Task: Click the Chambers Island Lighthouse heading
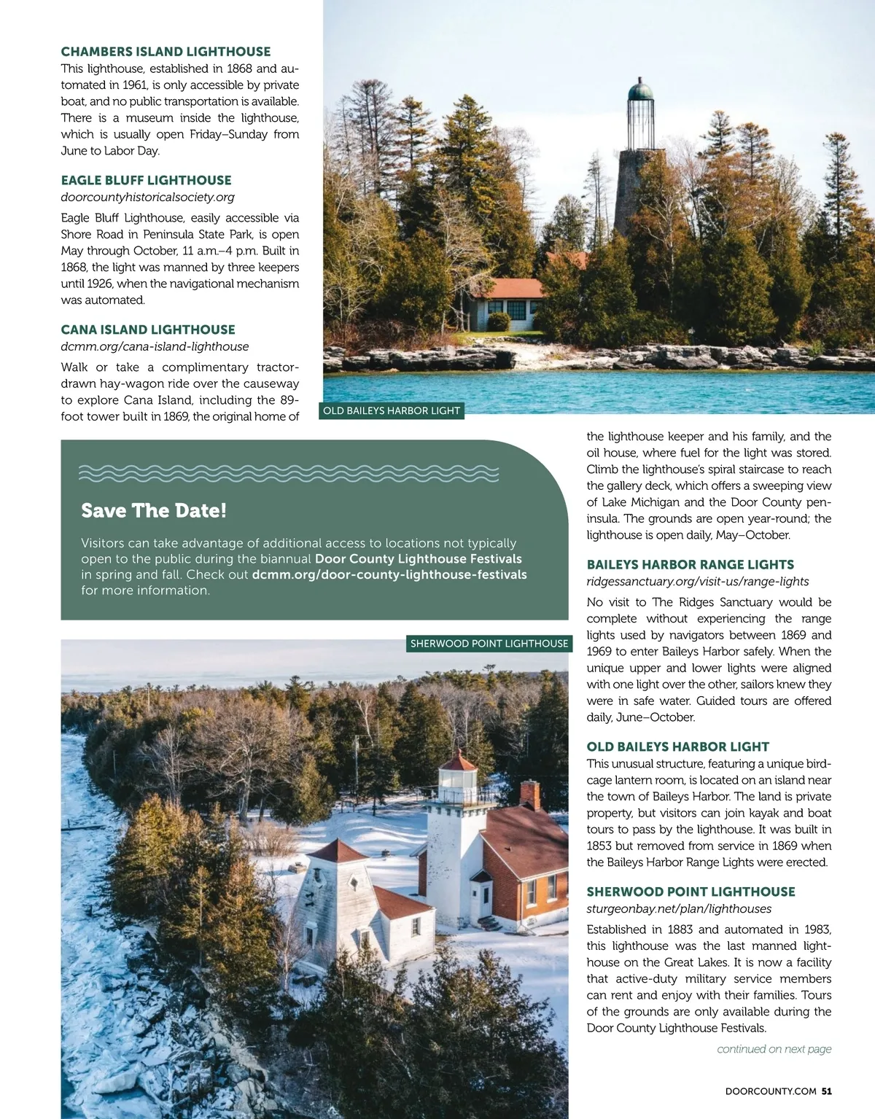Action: pyautogui.click(x=166, y=52)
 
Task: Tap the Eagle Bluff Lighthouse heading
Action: pyautogui.click(x=146, y=180)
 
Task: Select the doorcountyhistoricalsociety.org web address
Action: pyautogui.click(x=147, y=197)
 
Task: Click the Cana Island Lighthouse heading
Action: pyautogui.click(x=148, y=330)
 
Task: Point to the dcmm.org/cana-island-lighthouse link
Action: pyautogui.click(x=155, y=346)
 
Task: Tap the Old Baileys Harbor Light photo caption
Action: pyautogui.click(x=392, y=410)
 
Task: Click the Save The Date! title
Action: pyautogui.click(x=154, y=510)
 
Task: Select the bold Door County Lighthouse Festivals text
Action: pyautogui.click(x=419, y=558)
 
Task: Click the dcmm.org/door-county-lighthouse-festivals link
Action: pyautogui.click(x=389, y=574)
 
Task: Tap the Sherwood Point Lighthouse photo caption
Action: pyautogui.click(x=489, y=643)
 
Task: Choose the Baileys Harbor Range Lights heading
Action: pyautogui.click(x=690, y=564)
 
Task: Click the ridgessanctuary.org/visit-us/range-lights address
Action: pyautogui.click(x=698, y=581)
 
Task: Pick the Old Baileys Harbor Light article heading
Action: pyautogui.click(x=677, y=746)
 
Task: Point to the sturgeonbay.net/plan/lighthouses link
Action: pyautogui.click(x=679, y=908)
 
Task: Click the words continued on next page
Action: pyautogui.click(x=774, y=1049)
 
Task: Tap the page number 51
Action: pyautogui.click(x=826, y=1091)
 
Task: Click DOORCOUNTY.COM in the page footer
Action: pyautogui.click(x=771, y=1091)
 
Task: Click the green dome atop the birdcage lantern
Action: pyautogui.click(x=639, y=91)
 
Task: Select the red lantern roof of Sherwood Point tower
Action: pyautogui.click(x=459, y=763)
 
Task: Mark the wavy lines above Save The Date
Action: pyautogui.click(x=288, y=473)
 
